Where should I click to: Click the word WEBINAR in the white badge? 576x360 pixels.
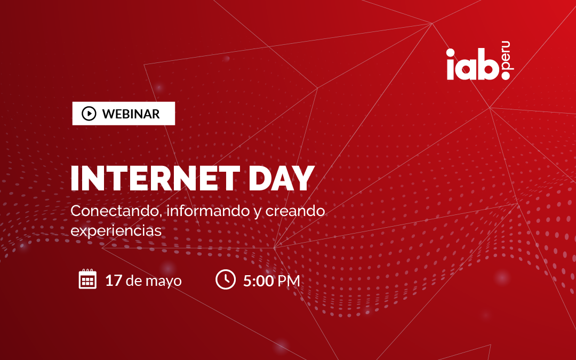pos(131,114)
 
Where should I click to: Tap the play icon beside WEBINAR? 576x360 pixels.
pos(89,114)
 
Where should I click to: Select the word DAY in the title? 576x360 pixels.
pos(282,179)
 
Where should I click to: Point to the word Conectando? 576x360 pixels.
pos(116,211)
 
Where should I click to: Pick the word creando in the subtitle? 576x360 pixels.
pos(295,211)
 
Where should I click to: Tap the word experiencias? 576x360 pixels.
pos(116,231)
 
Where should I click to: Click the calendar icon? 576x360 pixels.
pos(88,279)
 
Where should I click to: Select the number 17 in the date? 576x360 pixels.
pos(114,281)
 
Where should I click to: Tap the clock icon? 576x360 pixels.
pos(226,279)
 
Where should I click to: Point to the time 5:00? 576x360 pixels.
pos(259,281)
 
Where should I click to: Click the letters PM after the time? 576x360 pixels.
pos(289,281)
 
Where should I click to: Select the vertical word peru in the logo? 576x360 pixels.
pos(506,56)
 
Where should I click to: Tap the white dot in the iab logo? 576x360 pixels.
pos(506,75)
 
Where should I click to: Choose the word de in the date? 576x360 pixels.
pos(134,281)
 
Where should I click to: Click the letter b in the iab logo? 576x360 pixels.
pos(488,65)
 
